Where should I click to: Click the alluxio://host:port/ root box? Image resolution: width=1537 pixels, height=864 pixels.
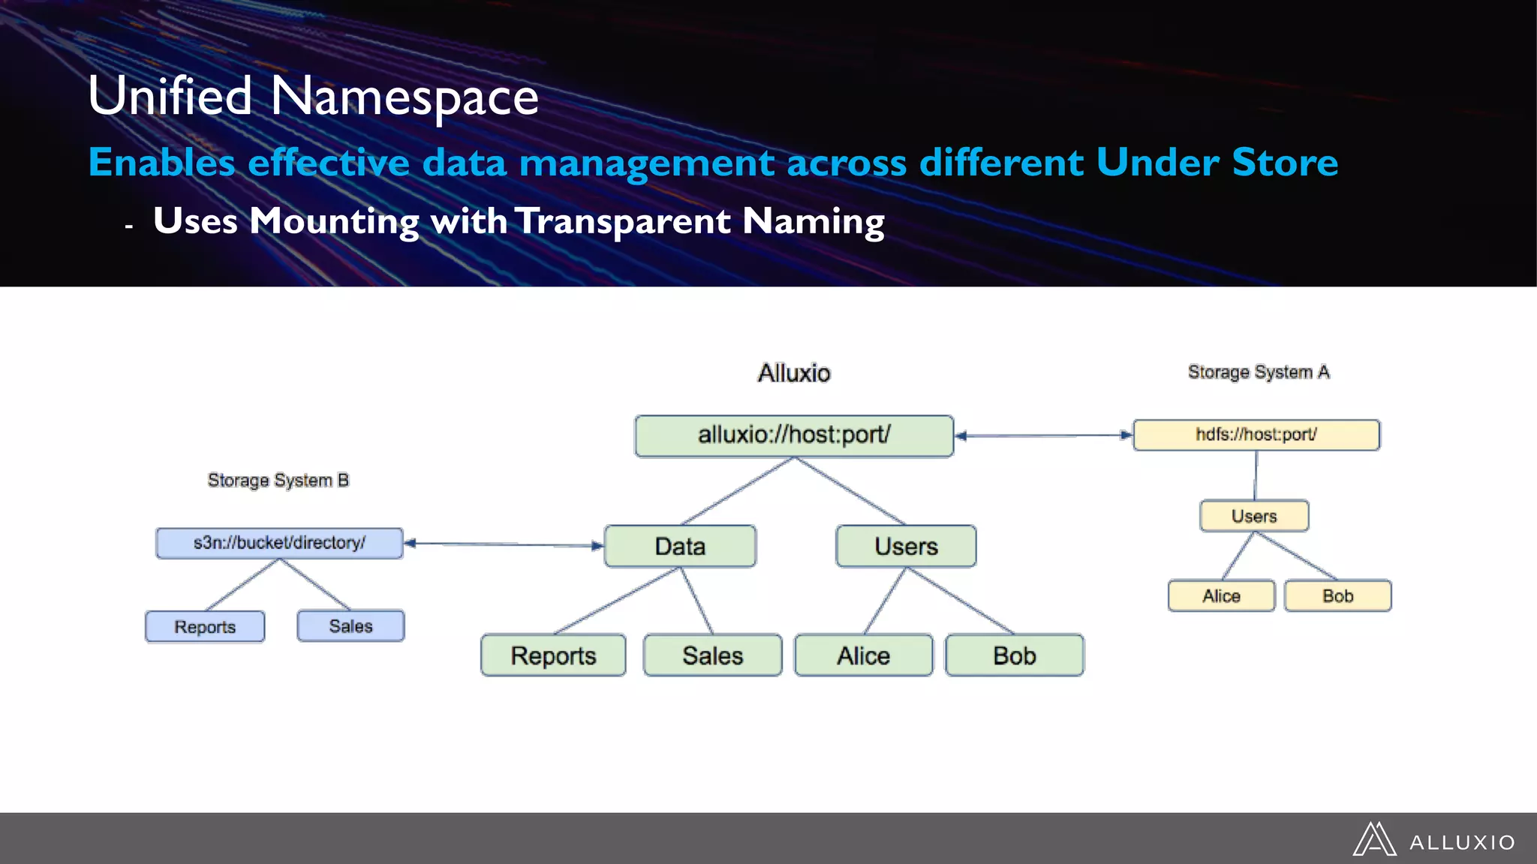coord(794,436)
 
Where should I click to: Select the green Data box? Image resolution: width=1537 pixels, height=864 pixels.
coord(680,546)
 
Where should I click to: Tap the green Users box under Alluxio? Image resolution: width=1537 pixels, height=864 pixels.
coord(906,546)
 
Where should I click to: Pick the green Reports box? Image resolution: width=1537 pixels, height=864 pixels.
coord(553,655)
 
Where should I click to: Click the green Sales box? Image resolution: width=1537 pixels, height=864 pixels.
coord(712,655)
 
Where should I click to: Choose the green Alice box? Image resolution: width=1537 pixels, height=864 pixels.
coord(863,655)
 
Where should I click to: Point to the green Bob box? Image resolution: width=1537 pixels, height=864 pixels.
coord(1014,655)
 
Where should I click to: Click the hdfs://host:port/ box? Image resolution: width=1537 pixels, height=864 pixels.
coord(1256,435)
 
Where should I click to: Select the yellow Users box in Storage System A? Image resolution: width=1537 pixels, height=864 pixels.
coord(1254,516)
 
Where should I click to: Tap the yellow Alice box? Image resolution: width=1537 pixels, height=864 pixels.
coord(1221,595)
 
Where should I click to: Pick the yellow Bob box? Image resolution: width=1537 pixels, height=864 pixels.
coord(1337,595)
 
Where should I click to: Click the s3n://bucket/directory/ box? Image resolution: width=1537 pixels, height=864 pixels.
coord(279,543)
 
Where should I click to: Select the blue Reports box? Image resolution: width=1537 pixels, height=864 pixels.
coord(205,626)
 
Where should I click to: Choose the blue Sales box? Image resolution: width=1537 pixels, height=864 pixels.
coord(350,625)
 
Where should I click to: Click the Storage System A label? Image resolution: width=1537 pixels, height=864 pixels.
coord(1259,372)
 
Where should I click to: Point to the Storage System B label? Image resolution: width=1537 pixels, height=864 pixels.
coord(278,480)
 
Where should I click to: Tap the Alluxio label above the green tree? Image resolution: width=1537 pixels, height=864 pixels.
coord(794,373)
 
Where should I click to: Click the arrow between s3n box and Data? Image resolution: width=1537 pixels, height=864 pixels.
coord(504,544)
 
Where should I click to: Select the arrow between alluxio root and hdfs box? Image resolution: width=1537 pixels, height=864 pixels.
coord(1043,435)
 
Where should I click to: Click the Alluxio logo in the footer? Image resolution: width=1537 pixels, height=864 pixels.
coord(1433,840)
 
